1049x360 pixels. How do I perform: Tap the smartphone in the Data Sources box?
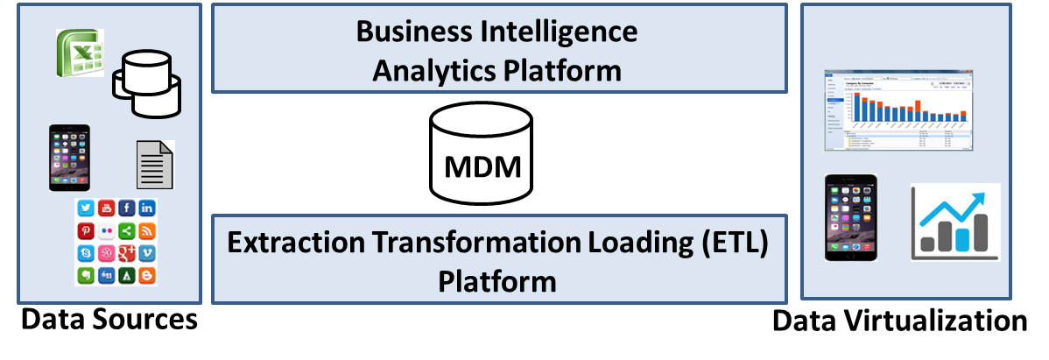(69, 158)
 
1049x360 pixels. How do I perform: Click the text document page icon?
(155, 164)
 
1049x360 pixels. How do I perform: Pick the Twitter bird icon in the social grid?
(85, 208)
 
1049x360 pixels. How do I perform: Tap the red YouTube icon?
(106, 208)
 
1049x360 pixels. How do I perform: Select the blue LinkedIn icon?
(147, 208)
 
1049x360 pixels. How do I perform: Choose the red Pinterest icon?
(85, 231)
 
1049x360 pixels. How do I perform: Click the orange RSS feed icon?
(147, 231)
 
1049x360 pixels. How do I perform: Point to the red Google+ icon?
(126, 253)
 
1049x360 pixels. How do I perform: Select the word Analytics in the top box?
(429, 70)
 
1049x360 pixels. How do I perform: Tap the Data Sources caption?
(109, 320)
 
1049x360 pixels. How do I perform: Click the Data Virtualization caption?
(899, 321)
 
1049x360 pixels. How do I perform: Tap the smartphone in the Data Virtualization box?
(850, 217)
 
